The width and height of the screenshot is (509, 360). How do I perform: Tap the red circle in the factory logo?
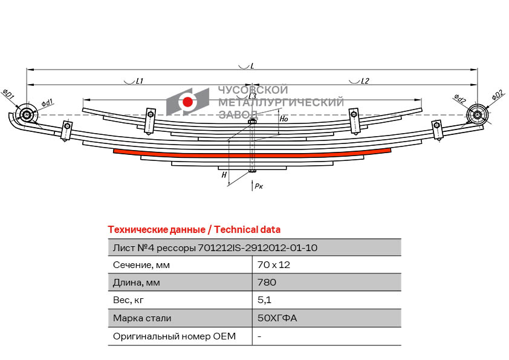[x=187, y=102]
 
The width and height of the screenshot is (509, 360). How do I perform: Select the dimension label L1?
[x=140, y=81]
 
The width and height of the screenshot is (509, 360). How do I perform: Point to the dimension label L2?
[x=365, y=81]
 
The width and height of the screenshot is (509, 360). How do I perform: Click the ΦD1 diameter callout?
[x=8, y=94]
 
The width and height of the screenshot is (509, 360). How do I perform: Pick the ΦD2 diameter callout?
[x=498, y=95]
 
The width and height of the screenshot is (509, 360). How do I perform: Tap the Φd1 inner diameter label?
[x=47, y=103]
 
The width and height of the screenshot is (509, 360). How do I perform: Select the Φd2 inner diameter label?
[x=459, y=99]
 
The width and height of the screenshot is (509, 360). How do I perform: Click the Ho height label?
[x=284, y=119]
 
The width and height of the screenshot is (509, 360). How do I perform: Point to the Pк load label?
[x=259, y=186]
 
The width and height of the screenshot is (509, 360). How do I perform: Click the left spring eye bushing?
[x=26, y=115]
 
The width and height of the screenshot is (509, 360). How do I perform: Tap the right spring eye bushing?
[x=478, y=115]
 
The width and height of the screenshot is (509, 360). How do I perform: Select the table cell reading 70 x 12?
[x=274, y=265]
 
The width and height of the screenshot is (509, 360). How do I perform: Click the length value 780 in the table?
[x=267, y=283]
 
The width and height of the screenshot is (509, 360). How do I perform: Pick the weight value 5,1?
[x=264, y=300]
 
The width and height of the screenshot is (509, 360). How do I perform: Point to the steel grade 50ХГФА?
[x=277, y=318]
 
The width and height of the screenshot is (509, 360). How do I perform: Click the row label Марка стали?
[x=142, y=318]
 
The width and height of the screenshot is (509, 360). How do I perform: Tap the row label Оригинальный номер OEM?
[x=174, y=336]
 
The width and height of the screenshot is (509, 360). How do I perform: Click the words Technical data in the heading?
[x=247, y=230]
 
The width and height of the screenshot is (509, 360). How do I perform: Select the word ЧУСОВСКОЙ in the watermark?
[x=253, y=90]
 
